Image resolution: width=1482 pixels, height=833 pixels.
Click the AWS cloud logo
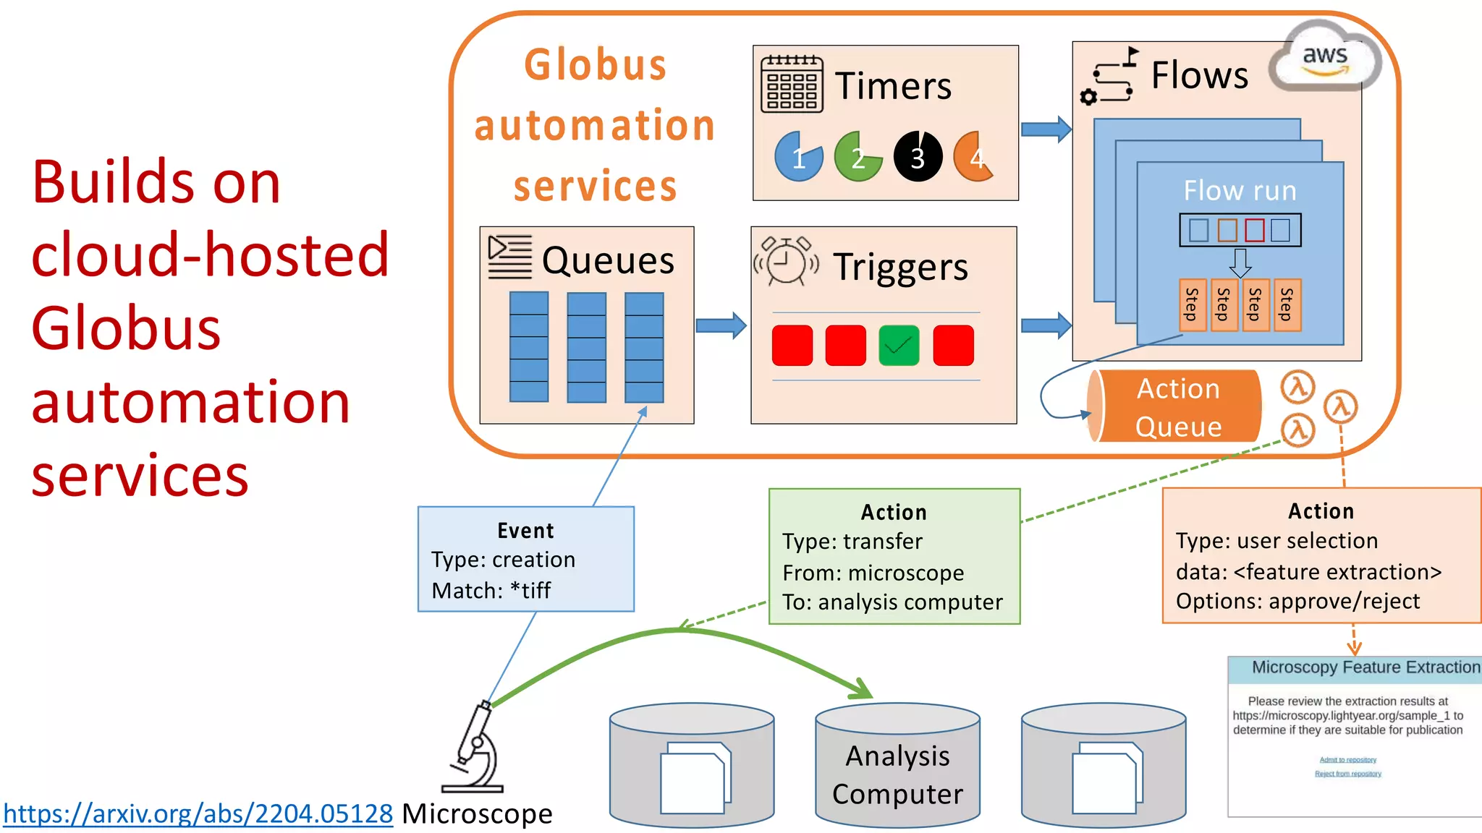[1324, 57]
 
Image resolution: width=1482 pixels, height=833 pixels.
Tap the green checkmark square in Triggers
[899, 346]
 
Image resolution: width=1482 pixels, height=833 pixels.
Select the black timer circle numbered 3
[918, 156]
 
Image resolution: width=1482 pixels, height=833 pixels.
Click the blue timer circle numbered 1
[798, 156]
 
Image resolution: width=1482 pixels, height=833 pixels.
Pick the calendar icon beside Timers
[792, 84]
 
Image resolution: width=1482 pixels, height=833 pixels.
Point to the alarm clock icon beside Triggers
[786, 261]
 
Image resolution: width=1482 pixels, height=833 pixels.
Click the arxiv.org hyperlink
[198, 813]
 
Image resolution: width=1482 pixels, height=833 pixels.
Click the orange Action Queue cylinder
[1176, 406]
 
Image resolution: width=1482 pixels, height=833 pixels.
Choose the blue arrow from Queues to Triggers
[721, 325]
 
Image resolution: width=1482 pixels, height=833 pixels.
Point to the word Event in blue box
[525, 531]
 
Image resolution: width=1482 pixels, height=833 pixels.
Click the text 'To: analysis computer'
[892, 602]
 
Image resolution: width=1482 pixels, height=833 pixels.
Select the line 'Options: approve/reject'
[1297, 601]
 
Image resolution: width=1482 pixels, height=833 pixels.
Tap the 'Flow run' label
[1240, 191]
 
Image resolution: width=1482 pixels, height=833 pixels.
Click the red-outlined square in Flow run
[1254, 230]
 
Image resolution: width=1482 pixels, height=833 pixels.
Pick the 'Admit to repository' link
[1347, 760]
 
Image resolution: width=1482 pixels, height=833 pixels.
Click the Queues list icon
[509, 256]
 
